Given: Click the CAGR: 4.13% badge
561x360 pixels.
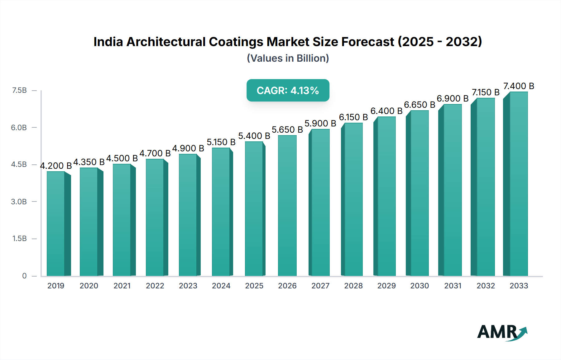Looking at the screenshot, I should pos(288,90).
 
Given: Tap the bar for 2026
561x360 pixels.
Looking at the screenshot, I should pos(287,206).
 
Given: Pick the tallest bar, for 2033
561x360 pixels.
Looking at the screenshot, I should pos(518,184).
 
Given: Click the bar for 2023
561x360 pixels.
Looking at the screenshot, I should pos(188,215).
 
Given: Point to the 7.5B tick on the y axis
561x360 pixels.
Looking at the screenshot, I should pos(19,90).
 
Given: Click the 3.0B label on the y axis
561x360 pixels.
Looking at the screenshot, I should pos(19,201).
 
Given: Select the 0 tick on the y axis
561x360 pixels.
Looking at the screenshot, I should pos(24,276).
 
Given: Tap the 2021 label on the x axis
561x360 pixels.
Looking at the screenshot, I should pos(122,286).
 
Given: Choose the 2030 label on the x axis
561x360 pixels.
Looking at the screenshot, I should pos(420,286).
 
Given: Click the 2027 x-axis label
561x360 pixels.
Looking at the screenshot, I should pos(320,286).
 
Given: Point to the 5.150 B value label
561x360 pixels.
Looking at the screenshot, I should pos(221,142).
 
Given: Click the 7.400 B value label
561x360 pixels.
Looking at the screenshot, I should pos(519,86).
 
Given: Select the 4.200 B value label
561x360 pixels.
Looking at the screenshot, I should pos(56,166).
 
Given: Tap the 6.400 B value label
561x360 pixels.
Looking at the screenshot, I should pos(386,111).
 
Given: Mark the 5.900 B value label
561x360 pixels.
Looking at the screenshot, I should pos(320,123).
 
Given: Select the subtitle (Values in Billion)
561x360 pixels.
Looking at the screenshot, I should pos(288,58).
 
